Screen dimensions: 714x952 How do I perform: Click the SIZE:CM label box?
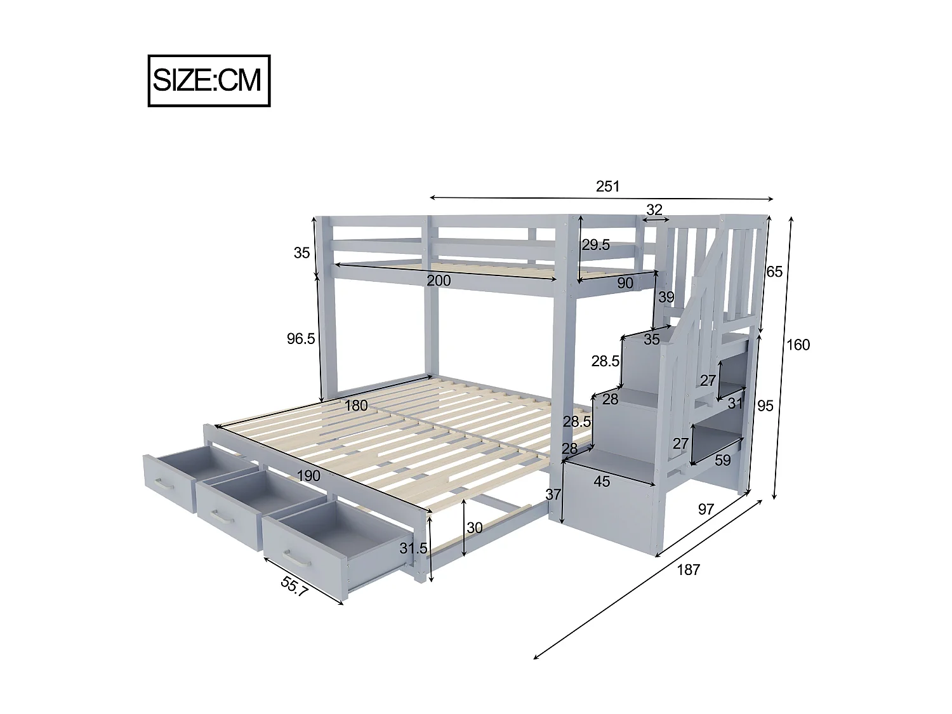tap(209, 81)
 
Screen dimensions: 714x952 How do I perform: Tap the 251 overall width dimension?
tap(607, 186)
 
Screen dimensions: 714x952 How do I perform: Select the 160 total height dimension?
tap(798, 345)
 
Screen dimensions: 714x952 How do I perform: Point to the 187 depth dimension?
tap(688, 569)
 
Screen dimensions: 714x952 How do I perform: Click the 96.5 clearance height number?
tap(301, 338)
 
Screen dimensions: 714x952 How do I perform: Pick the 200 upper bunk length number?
tap(439, 280)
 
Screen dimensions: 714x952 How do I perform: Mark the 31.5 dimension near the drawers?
tap(413, 548)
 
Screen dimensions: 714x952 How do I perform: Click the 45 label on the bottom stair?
tap(601, 481)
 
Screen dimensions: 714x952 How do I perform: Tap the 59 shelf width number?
tap(723, 460)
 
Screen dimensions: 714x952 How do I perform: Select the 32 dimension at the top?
tap(654, 209)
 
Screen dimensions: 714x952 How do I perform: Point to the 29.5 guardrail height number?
tap(596, 244)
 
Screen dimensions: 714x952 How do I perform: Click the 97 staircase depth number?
tap(706, 508)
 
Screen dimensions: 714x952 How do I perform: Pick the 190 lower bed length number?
tap(308, 475)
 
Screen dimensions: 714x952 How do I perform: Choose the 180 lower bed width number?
tap(356, 405)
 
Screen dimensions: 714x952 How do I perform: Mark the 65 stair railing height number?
tap(774, 272)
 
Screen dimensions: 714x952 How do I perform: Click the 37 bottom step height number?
tap(553, 494)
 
